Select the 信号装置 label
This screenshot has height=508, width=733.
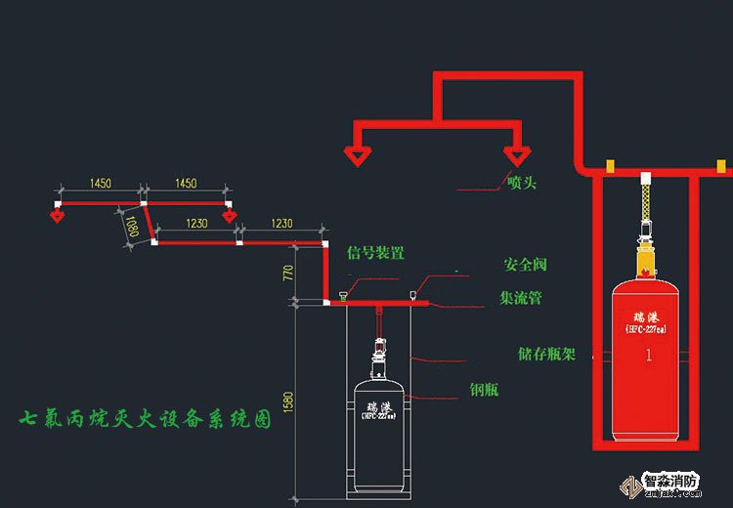click(375, 253)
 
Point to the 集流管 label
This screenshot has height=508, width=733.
click(521, 298)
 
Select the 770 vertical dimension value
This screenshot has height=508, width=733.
click(287, 273)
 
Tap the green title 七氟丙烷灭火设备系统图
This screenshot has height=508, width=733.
click(147, 421)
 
